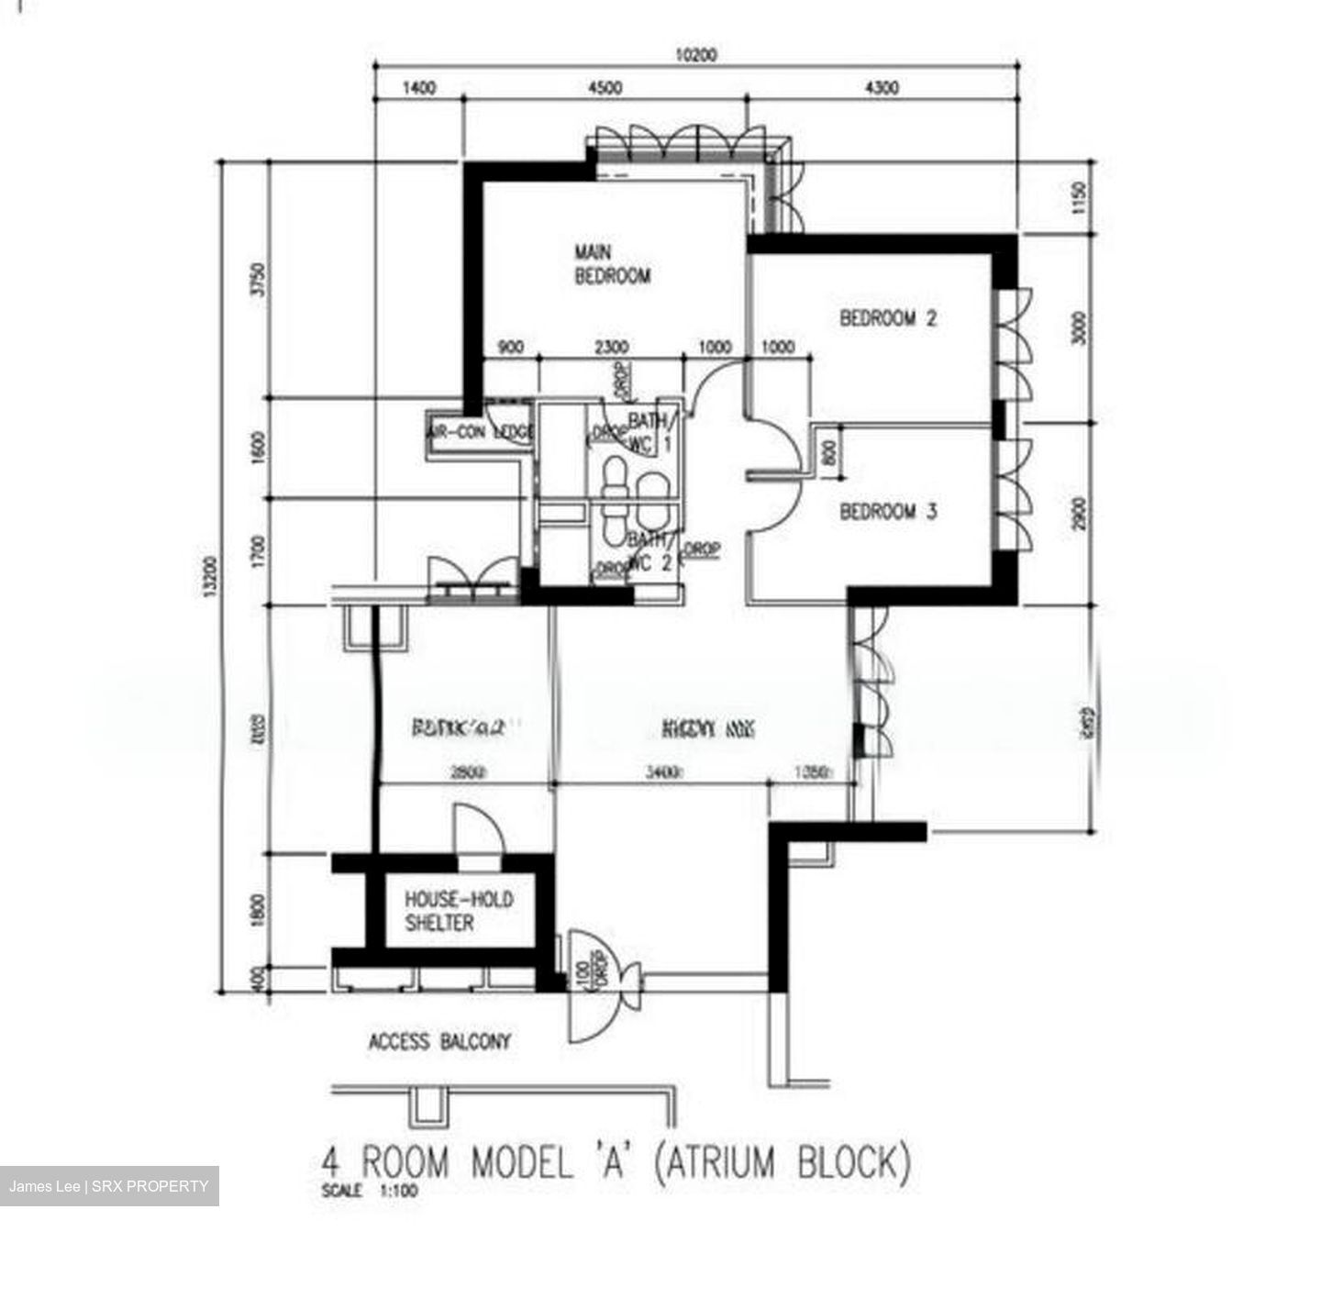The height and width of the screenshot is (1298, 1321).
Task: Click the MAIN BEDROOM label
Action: pos(612,263)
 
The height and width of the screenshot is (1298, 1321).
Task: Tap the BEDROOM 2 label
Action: pos(888,318)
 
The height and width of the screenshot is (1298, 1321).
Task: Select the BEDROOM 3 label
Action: pos(888,511)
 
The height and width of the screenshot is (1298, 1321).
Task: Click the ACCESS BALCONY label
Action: pos(439,1042)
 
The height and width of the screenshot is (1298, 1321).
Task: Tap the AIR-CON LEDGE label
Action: pos(480,432)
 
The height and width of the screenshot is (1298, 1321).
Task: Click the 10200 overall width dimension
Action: pos(696,55)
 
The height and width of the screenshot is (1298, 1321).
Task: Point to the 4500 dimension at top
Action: pos(604,88)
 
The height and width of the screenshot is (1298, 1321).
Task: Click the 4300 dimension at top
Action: pos(882,88)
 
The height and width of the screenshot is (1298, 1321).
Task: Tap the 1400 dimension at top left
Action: pos(418,88)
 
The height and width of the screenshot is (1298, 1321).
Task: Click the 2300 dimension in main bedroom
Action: pos(612,348)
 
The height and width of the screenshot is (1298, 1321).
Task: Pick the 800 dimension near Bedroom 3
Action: pos(829,453)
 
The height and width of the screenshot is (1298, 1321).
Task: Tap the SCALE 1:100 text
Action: pos(370,1193)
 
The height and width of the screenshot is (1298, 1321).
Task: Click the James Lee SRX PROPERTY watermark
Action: pos(109,1186)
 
